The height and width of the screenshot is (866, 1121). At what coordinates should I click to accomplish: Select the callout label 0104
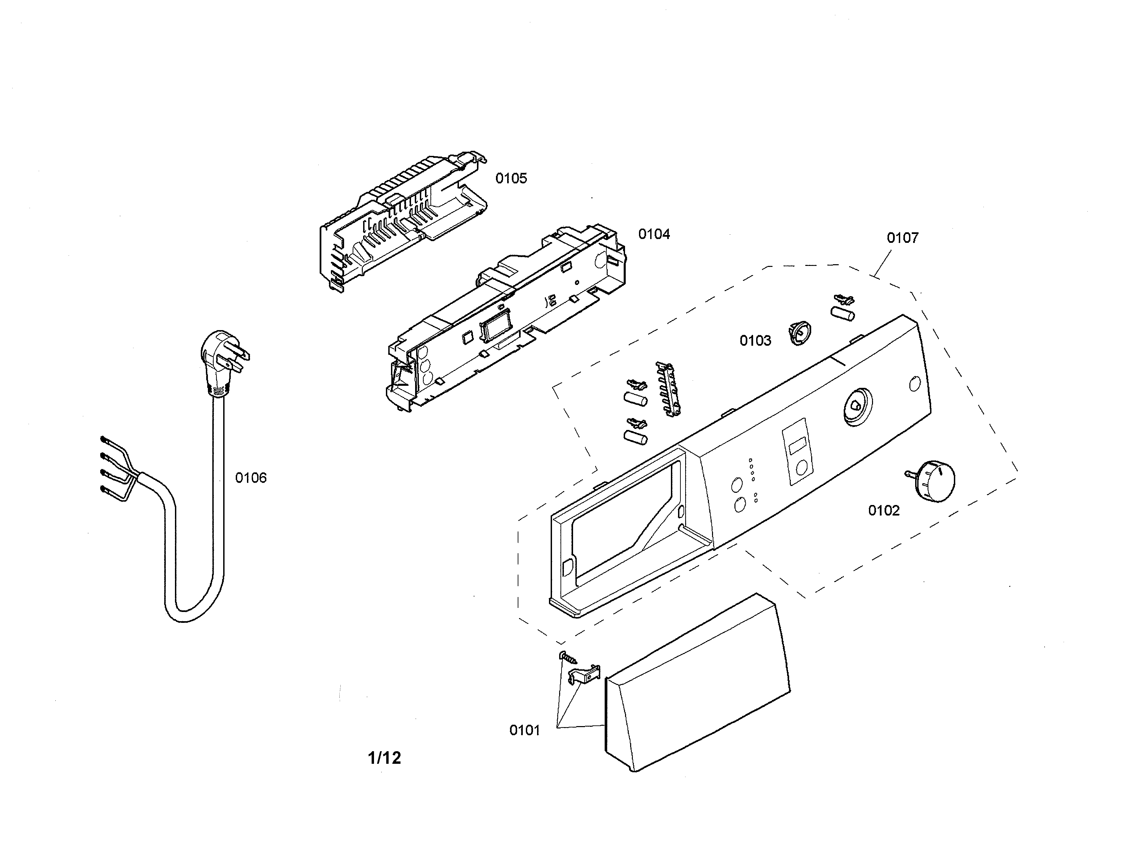tap(654, 234)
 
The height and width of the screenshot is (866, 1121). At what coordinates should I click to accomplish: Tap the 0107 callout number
tap(902, 238)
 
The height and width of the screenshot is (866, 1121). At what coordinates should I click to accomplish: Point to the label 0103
tap(755, 341)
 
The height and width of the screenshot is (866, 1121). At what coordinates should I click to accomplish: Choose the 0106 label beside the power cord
tap(251, 478)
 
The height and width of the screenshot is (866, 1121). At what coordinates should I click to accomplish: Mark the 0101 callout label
tap(524, 730)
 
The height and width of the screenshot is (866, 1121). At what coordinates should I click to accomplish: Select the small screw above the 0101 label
tap(568, 657)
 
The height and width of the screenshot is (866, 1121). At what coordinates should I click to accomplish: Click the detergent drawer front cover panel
tap(697, 683)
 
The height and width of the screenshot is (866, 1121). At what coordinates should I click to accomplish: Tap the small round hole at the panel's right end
tap(915, 384)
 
